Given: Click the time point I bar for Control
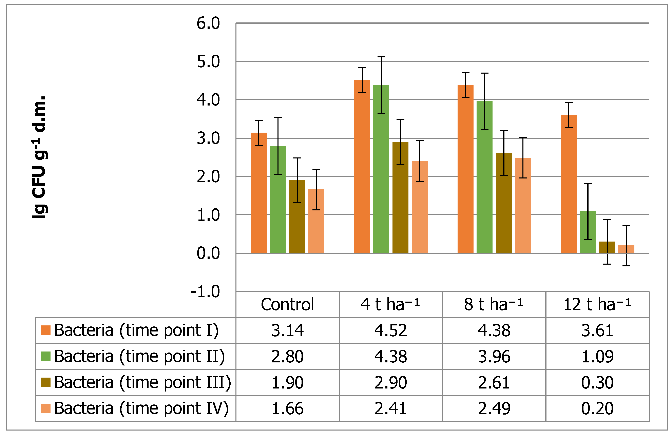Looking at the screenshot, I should [x=259, y=193].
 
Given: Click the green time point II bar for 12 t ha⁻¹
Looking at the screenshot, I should [x=588, y=232].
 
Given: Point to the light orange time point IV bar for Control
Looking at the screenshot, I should [x=316, y=221].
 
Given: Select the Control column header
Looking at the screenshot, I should [x=287, y=305].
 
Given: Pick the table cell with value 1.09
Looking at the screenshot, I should [x=597, y=357].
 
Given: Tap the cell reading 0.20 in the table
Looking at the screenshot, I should [x=597, y=408].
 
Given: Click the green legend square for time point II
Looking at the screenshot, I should [x=46, y=356].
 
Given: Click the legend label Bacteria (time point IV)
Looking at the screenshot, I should [x=141, y=408].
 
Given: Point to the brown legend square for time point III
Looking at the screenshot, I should [x=46, y=382].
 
